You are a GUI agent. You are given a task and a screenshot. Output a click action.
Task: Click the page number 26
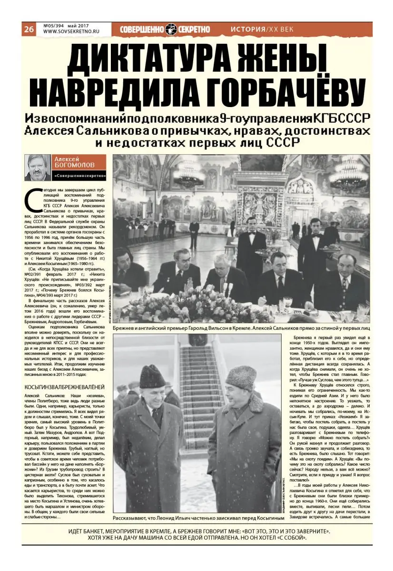[29, 29]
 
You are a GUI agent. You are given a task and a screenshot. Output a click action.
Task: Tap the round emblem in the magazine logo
[171, 29]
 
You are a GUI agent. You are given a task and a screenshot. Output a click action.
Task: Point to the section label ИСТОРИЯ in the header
[247, 29]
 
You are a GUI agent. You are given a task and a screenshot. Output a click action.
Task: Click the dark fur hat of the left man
[152, 376]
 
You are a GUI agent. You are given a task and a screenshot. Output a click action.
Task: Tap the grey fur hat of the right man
[240, 377]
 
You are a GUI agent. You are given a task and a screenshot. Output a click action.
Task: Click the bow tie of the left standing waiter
[252, 233]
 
